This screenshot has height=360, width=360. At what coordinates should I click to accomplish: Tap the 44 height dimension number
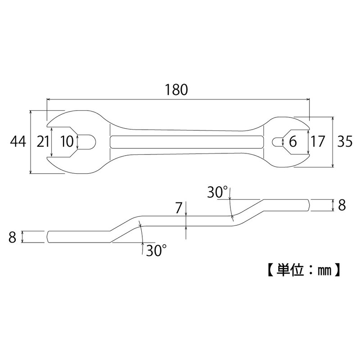coord(19,142)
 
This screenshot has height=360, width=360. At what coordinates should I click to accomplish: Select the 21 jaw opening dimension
coord(43,142)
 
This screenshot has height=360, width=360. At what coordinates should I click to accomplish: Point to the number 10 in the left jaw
coord(66,142)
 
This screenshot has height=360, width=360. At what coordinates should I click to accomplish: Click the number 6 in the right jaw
coord(293,142)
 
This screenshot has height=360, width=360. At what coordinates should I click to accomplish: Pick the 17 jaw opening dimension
coord(318,142)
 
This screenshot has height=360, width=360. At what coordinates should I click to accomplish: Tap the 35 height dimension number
coord(345,142)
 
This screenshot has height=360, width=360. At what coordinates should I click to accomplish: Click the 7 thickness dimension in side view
coord(179,208)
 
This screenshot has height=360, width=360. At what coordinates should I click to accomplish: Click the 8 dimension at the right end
coord(342,205)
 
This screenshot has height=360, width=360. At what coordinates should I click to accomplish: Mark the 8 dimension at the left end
coord(12,237)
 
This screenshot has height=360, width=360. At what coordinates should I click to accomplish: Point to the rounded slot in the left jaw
coord(87,142)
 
